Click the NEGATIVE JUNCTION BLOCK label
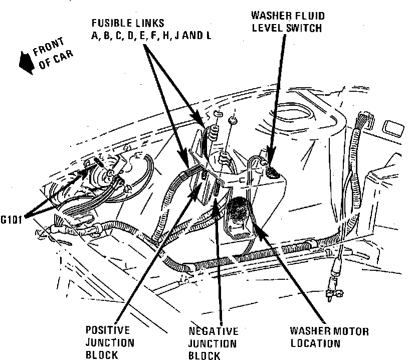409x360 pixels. [x=213, y=344]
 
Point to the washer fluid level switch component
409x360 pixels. [x=272, y=172]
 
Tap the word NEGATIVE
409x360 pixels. [x=213, y=331]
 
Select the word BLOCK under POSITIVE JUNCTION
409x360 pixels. [x=102, y=355]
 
